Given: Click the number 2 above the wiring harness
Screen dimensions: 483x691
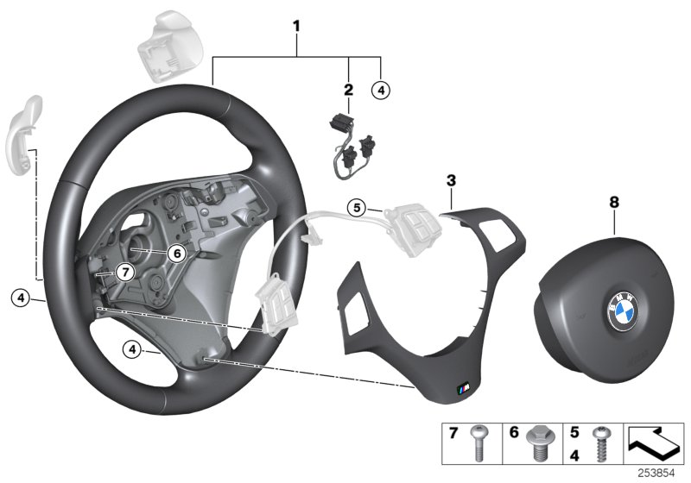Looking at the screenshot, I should [x=348, y=89].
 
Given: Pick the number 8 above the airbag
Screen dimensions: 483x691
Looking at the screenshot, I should [x=614, y=202].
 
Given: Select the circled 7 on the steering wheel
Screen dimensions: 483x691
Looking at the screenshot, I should [x=124, y=272].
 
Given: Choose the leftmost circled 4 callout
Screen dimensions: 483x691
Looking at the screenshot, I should [x=21, y=298].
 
